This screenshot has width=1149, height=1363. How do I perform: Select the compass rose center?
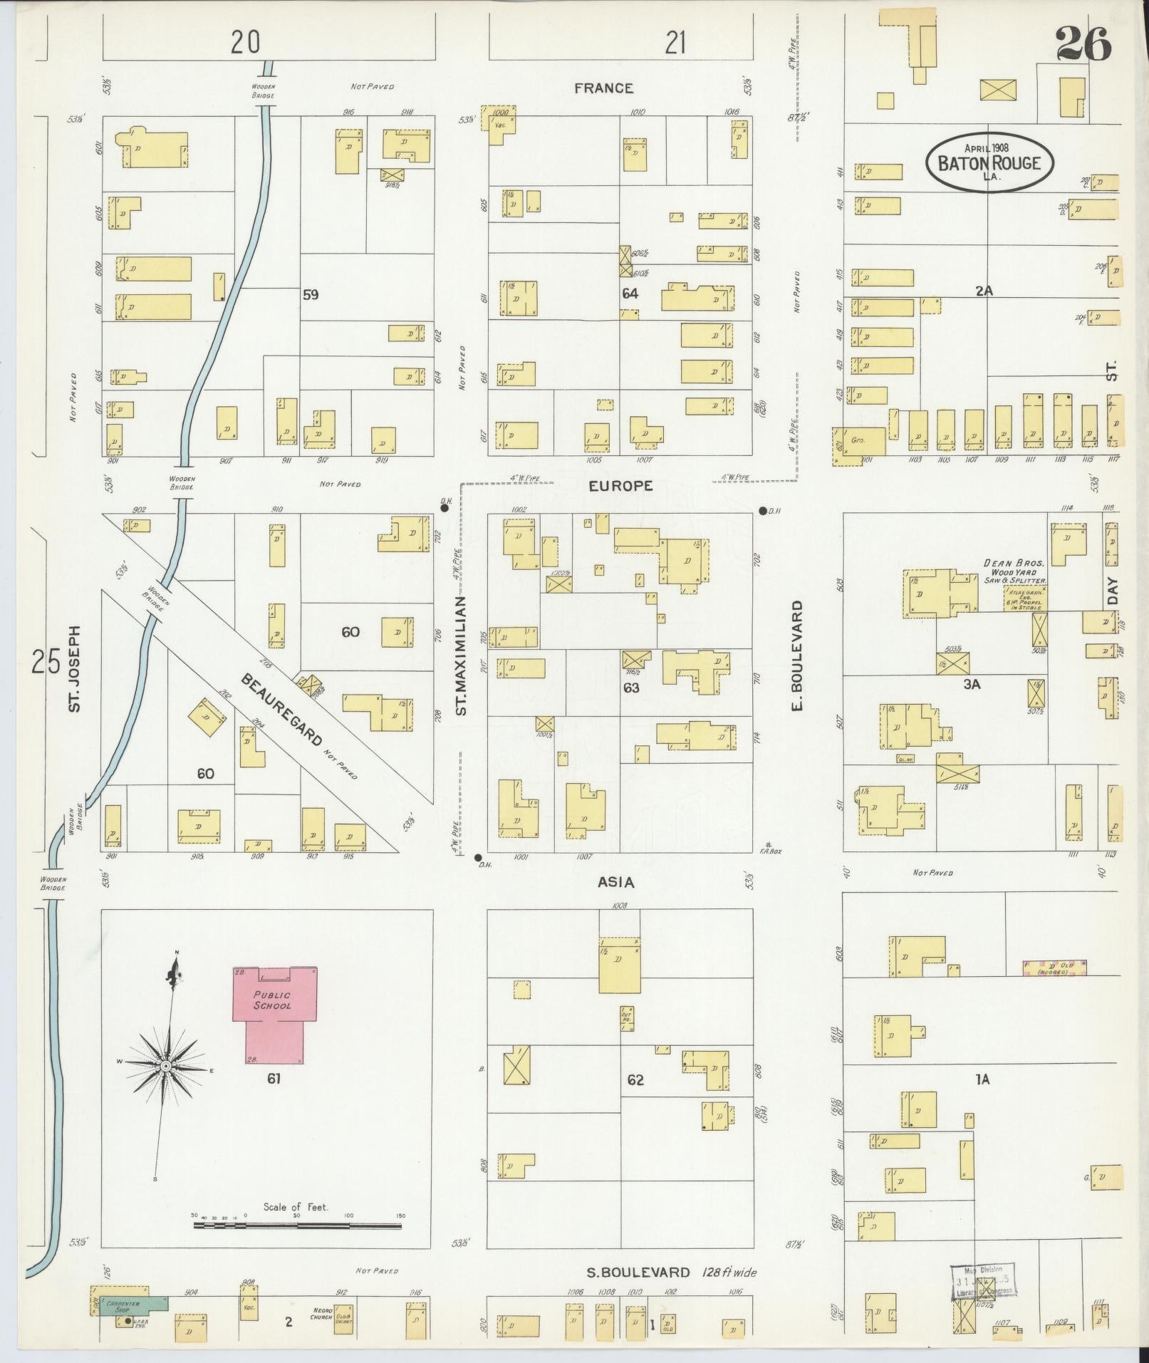click(165, 1085)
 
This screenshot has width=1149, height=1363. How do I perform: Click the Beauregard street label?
click(283, 708)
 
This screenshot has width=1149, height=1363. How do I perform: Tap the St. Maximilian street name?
click(461, 656)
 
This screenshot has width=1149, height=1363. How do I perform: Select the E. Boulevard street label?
click(797, 655)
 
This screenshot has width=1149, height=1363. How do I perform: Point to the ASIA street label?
click(615, 883)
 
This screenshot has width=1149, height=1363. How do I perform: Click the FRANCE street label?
click(603, 88)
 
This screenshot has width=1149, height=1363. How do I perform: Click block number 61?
click(274, 1099)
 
